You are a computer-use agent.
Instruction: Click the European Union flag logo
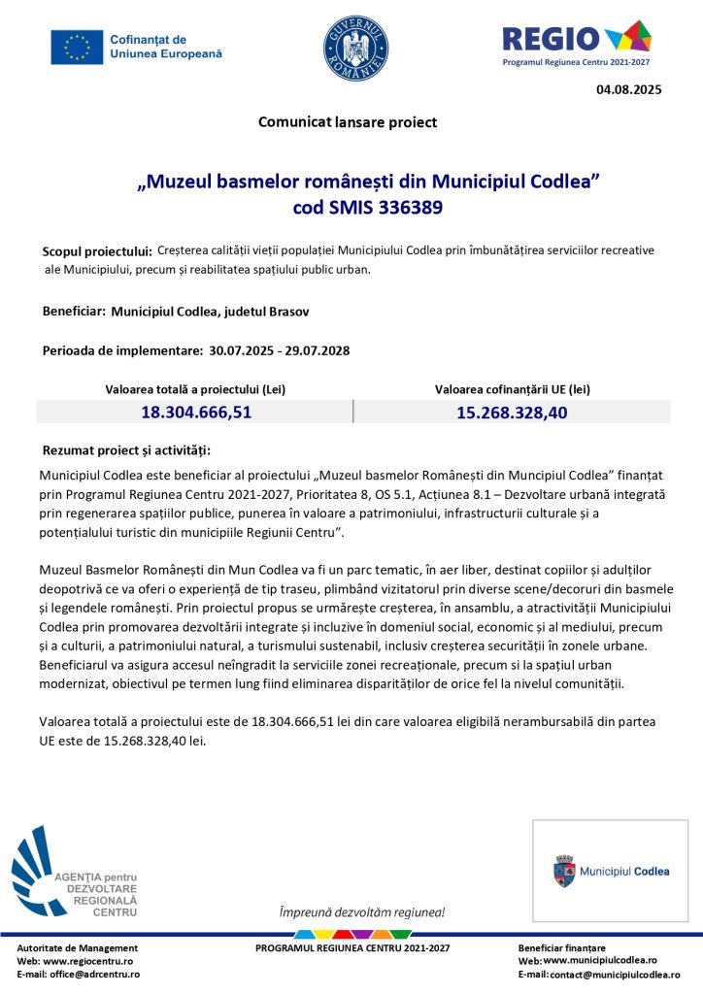(x=77, y=47)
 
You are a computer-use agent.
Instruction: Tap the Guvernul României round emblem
(x=355, y=49)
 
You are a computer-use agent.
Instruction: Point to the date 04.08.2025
(x=628, y=89)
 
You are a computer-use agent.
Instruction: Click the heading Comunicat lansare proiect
(x=348, y=122)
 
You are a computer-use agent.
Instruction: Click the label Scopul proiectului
(x=97, y=252)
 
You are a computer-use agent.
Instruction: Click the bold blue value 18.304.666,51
(x=196, y=412)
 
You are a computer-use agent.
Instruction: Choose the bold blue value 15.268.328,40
(x=512, y=412)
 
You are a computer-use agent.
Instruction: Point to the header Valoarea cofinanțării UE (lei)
(x=512, y=389)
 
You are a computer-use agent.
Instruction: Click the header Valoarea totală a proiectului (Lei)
(x=195, y=389)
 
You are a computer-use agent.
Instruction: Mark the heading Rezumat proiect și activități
(x=126, y=451)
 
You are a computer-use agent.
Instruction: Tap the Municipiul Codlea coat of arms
(x=564, y=871)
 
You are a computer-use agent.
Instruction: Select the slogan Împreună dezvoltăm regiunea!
(x=362, y=912)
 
